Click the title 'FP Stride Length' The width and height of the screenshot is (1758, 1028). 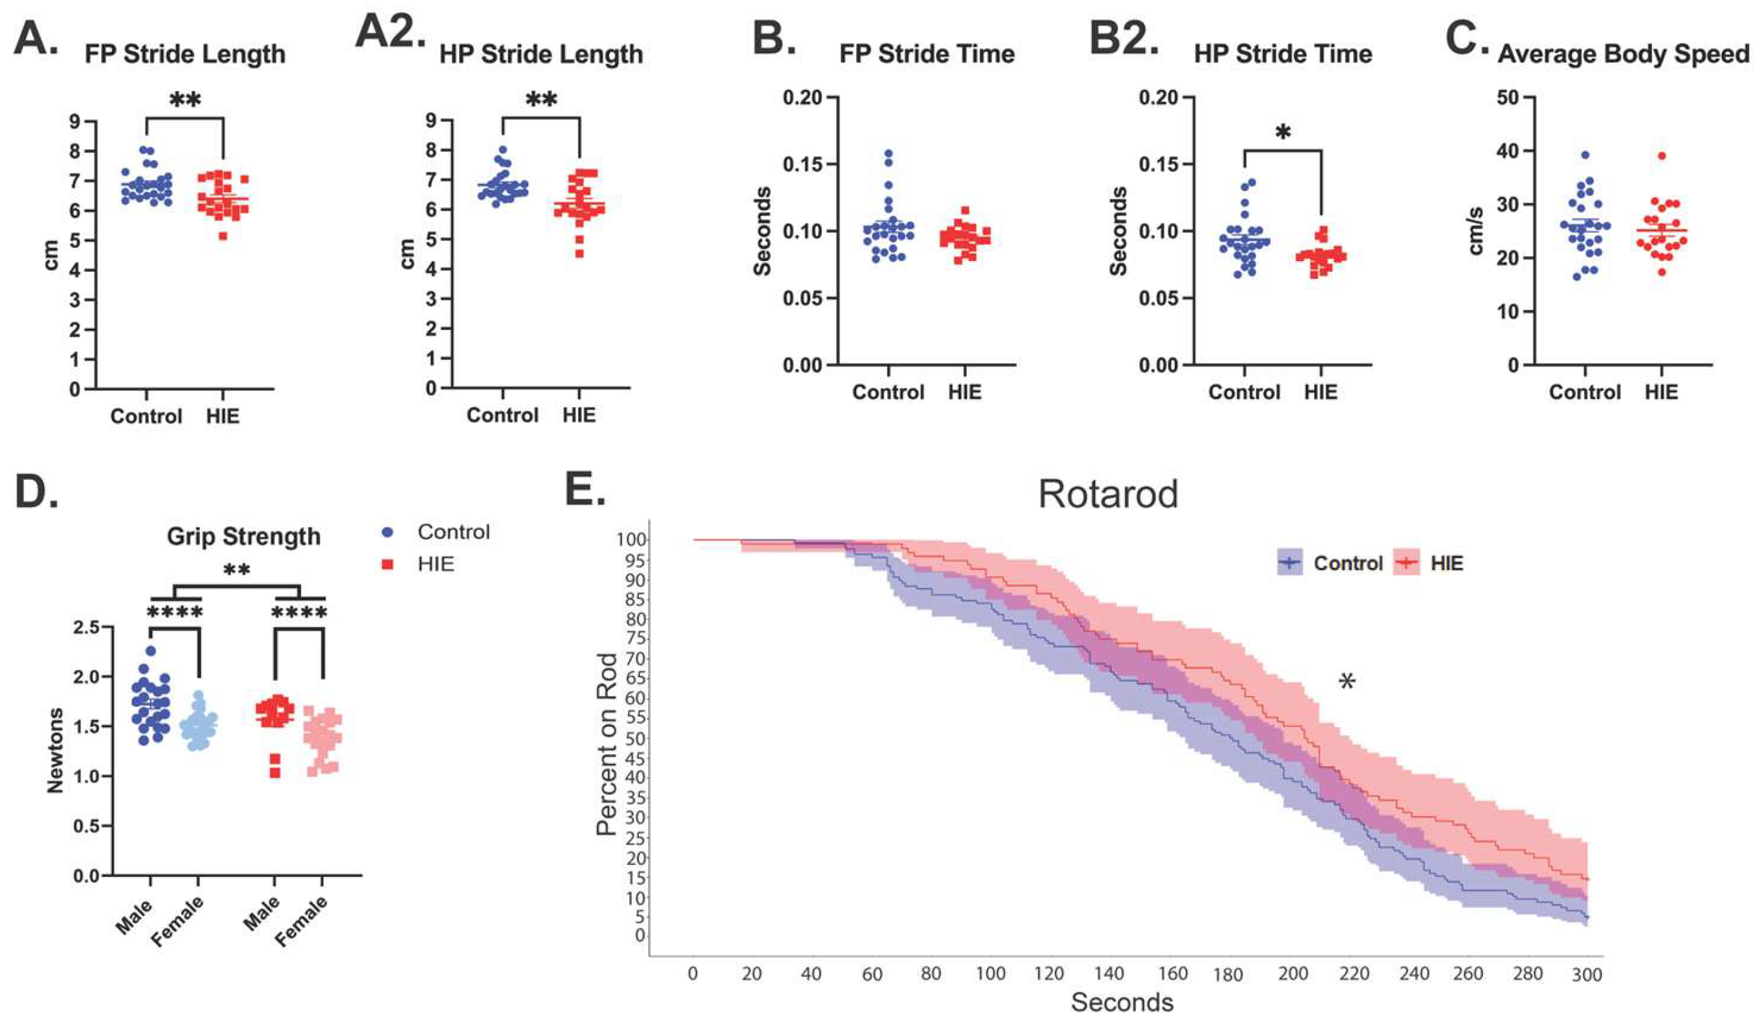pos(185,54)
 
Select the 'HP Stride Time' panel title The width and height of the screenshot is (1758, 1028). pos(1282,54)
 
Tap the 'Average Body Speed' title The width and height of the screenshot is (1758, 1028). pos(1623,54)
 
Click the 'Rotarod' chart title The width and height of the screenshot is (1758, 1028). pos(1108,494)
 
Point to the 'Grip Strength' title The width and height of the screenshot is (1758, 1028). pos(243,536)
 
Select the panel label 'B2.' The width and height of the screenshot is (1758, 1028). pos(1124,39)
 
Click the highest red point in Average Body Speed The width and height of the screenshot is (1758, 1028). pos(1661,156)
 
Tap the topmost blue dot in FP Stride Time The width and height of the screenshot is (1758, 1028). pos(888,154)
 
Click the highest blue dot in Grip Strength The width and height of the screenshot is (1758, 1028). pos(150,651)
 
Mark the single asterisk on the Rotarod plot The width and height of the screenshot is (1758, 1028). pos(1347,682)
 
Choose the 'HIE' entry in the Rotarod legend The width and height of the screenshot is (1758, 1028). pos(1446,563)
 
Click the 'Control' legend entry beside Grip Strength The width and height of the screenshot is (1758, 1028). pos(453,532)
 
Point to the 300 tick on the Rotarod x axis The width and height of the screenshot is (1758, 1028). pos(1587,974)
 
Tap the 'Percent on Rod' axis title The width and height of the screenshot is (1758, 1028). pos(607,744)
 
